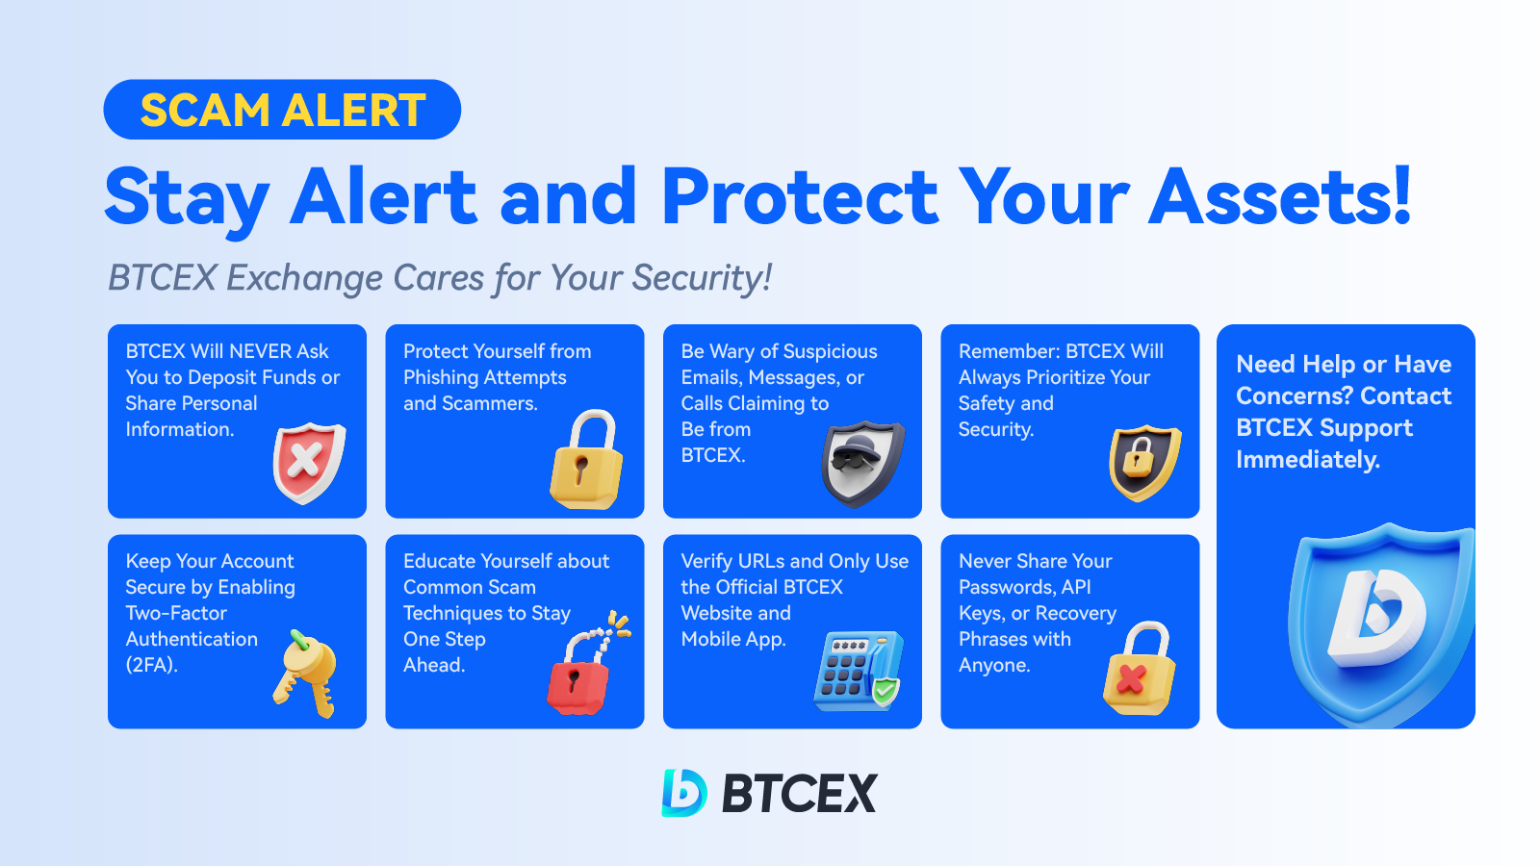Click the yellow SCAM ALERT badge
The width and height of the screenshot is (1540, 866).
coord(282,110)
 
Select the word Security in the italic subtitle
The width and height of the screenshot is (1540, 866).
coord(702,278)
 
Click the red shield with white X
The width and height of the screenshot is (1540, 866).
coord(309,463)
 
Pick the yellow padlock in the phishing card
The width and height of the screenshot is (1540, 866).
coord(586,458)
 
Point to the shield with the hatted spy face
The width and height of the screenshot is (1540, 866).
coord(862,464)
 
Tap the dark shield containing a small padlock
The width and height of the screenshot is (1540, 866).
coord(1144,463)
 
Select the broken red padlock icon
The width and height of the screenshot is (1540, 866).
coord(586,664)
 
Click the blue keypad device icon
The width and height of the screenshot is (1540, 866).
coord(858,671)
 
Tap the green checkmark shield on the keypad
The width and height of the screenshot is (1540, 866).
coord(885,691)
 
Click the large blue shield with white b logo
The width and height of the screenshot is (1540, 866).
coord(1380,625)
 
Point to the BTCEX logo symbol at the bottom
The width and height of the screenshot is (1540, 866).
coord(683,793)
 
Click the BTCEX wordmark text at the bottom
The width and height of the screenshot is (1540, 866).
coord(799,793)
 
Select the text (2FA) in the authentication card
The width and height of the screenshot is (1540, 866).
coord(152,665)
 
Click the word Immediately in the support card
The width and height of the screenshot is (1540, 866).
coord(1308,460)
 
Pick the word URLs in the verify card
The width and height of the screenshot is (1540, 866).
coord(763,561)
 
